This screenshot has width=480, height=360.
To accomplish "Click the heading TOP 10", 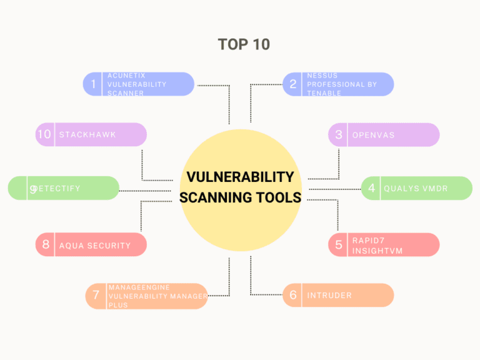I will point(244,44).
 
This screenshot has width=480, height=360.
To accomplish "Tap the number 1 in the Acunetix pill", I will point(94,84).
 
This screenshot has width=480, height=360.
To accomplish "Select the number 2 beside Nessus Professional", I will point(292,84).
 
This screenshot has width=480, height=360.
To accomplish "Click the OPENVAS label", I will point(373,135).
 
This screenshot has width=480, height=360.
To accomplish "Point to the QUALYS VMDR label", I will point(416,188).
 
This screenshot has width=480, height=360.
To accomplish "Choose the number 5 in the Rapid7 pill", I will point(339,245).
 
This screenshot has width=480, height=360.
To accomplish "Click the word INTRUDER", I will point(329,295).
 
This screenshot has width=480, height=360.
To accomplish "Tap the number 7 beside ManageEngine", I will point(96,296).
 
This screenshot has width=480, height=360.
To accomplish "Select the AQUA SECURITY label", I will point(95,246).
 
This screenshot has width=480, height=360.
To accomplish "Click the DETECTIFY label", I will point(57,188).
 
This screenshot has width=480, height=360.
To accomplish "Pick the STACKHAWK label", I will point(87,134).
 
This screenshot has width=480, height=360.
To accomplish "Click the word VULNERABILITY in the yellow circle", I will point(240,177).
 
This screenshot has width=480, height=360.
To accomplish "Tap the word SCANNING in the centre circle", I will point(215,197).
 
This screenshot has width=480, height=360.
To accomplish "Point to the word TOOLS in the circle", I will point(277,197).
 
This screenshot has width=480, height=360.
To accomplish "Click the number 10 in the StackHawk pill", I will point(44,134).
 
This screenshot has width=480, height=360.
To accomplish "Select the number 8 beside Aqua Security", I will point(46,245).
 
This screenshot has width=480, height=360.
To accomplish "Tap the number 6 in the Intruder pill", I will point(292,295).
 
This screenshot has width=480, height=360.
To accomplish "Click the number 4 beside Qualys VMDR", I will point(371,188).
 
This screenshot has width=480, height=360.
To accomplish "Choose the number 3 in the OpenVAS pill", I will point(339,134).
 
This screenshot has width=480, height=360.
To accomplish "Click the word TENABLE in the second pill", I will point(324,93).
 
